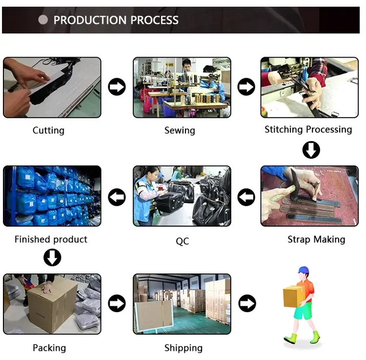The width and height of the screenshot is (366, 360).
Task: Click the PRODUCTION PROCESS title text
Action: coord(116,20)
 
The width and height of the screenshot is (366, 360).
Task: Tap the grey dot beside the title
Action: coord(43,20)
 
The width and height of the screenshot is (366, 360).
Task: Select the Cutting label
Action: coord(48,130)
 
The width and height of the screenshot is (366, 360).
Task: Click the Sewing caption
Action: coord(180,130)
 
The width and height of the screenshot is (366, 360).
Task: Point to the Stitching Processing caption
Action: coord(308,129)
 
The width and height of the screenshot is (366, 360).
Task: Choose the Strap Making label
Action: coord(316,239)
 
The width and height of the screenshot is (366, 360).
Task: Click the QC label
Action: coord(183,241)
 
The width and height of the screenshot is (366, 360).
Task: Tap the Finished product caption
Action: coord(51,239)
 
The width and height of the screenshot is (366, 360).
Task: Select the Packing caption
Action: coord(49,348)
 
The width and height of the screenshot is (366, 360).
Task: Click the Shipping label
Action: coord(183,348)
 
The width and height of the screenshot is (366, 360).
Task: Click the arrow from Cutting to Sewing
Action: coord(117,86)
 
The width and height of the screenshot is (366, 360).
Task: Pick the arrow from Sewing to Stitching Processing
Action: coord(246,86)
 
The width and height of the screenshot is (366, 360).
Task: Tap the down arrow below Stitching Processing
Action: coord(311,150)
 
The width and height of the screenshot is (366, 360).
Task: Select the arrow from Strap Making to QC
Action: coord(246,197)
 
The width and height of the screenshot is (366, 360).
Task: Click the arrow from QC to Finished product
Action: coord(117,197)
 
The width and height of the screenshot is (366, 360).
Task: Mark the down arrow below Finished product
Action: coord(52,257)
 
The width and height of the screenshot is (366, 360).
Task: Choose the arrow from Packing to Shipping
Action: coord(117,303)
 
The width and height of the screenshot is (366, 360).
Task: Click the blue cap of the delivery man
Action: coord(303,270)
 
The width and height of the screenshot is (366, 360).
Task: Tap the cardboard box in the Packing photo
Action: coord(53,305)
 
